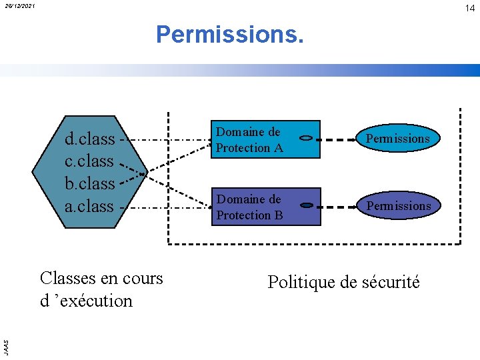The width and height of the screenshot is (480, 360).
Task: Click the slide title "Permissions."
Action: point(230,34)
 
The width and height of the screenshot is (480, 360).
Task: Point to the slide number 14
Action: point(469,8)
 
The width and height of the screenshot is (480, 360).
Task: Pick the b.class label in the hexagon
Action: point(89,183)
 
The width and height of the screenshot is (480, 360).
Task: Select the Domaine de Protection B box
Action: point(249,207)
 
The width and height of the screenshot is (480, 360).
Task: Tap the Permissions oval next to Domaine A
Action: point(399,139)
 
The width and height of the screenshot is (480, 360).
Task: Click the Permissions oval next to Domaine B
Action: point(399,206)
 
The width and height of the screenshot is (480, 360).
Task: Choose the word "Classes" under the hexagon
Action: point(67,278)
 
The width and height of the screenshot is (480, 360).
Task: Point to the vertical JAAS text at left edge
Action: point(5,346)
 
